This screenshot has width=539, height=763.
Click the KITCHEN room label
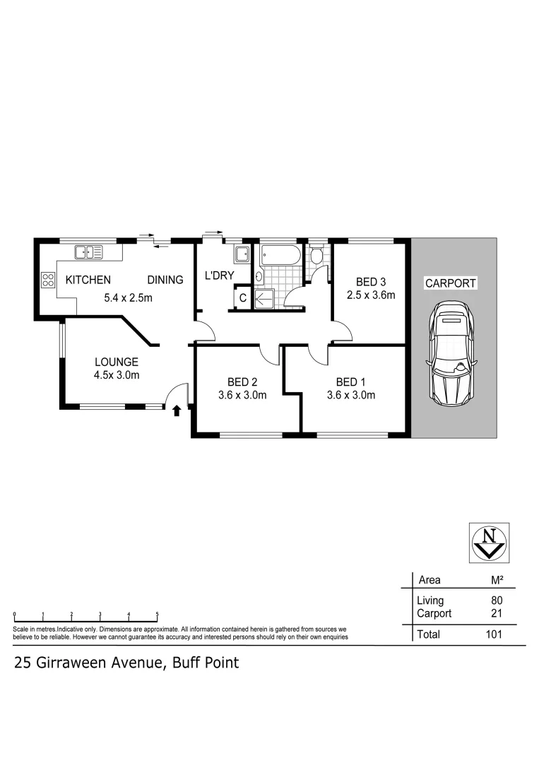pos(88,280)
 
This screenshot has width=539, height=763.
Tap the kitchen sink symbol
pos(89,250)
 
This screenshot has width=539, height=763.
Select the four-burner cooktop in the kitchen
pos(48,280)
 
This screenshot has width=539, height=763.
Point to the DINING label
pos(165,280)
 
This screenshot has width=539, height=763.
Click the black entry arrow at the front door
pos(176,410)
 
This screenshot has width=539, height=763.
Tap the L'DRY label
pos(219,276)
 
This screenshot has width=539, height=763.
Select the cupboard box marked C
pos(242,298)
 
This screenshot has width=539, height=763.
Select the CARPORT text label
pos(450,283)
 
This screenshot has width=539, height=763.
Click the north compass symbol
pos(488,542)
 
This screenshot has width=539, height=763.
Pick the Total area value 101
pos(493,634)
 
